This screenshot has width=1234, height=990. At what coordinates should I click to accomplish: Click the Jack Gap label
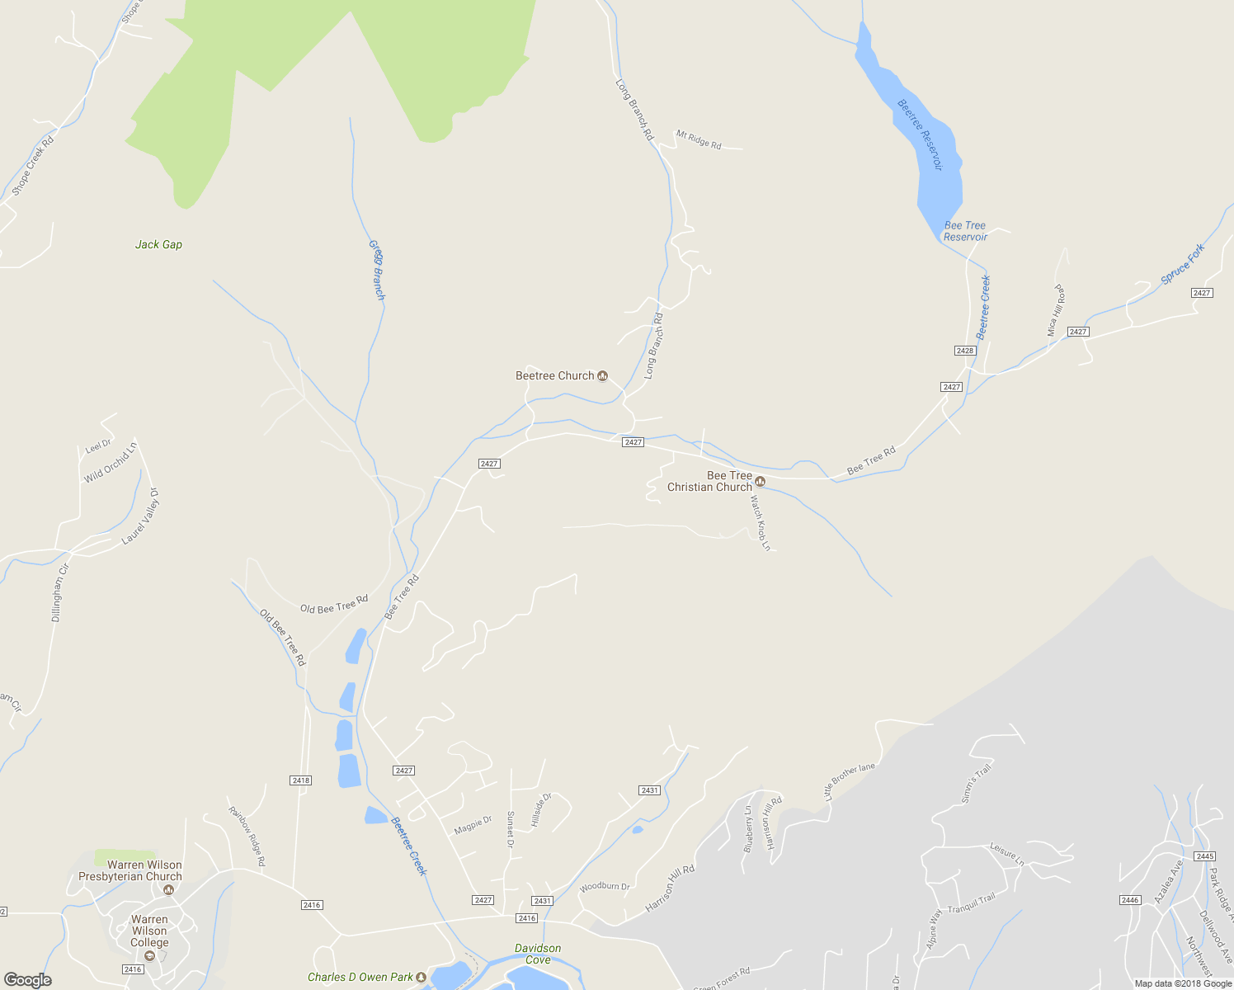pos(158,245)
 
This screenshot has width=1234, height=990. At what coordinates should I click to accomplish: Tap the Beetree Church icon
pos(603,376)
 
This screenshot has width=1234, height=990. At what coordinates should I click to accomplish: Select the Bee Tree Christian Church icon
pos(761,482)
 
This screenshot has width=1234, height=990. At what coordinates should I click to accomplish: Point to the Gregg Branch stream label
pos(377,271)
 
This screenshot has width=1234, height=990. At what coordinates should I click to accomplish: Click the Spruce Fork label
pos(1183,264)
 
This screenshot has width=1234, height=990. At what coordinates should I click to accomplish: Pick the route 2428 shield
pos(965,351)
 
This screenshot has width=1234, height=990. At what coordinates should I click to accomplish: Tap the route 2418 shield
pos(301,780)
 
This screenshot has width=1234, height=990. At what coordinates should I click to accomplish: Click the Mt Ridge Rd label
pos(699,139)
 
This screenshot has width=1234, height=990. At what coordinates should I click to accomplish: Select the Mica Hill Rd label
pos(1056,310)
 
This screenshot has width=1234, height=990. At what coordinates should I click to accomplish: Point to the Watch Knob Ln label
pos(760,523)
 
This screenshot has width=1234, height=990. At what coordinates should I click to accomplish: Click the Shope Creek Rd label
pos(33,165)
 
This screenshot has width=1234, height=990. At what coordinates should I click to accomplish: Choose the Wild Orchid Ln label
pos(110,464)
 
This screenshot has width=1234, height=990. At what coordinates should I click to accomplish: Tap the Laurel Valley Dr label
pos(141,516)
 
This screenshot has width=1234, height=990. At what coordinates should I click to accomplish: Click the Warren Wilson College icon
pos(149,956)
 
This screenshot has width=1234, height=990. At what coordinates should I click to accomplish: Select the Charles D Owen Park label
pos(360,978)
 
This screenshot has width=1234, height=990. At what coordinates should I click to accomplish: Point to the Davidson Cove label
pos(538,954)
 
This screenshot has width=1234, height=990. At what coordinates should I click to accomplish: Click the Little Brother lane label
pos(850,781)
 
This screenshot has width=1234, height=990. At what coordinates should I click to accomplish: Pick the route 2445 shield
pos(1204,856)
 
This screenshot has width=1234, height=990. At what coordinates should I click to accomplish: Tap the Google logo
pos(27,980)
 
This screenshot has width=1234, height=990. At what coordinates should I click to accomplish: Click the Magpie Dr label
pos(473,825)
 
